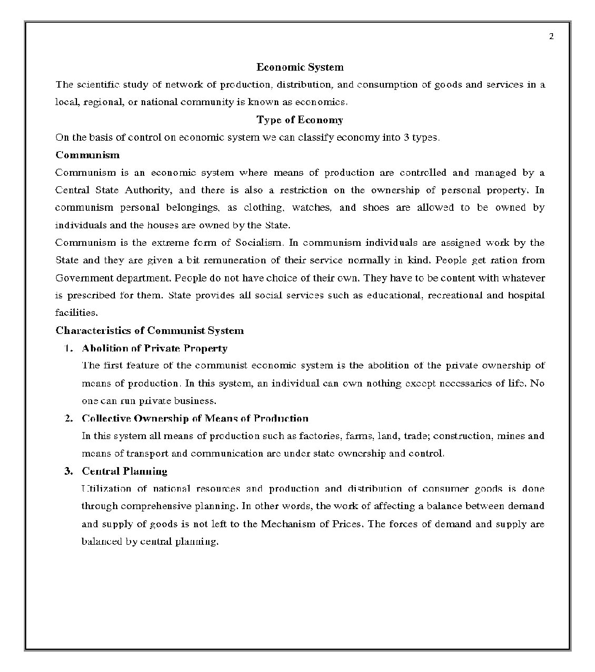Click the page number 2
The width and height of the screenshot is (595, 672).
(551, 37)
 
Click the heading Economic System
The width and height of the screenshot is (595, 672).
(300, 67)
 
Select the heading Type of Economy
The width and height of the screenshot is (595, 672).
(300, 120)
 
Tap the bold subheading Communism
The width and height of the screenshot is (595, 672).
(87, 155)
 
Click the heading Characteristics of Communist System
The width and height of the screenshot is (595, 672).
(149, 330)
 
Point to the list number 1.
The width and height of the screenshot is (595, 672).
(68, 349)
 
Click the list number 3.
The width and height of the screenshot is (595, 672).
(68, 471)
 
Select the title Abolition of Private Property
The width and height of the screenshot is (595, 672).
(155, 349)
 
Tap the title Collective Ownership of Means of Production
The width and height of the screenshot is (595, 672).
(195, 419)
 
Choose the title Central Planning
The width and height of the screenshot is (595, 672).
(124, 471)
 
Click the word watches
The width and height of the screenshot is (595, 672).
(311, 207)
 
